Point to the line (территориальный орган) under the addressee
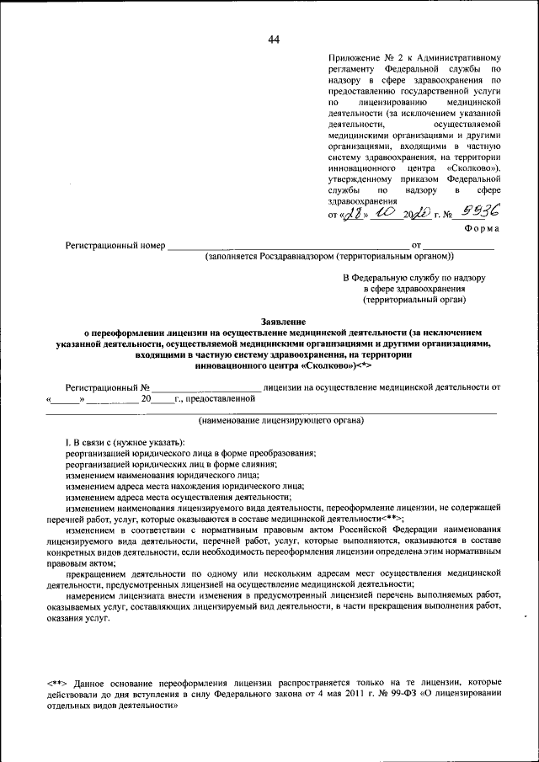(414, 300)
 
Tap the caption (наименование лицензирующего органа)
(281, 419)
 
